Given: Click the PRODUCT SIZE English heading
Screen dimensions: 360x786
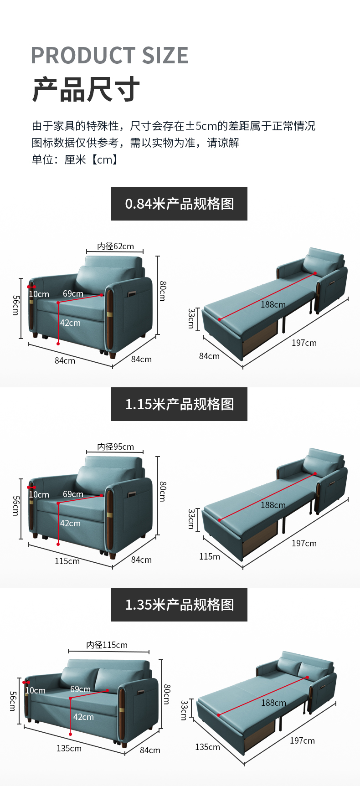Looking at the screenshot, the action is [109, 56].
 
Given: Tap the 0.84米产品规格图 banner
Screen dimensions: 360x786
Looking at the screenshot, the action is [179, 204].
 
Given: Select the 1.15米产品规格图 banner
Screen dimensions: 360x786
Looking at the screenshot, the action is [179, 404].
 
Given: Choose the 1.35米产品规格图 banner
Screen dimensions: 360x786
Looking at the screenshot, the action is [179, 605].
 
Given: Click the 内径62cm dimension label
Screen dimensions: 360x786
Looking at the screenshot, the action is [115, 246].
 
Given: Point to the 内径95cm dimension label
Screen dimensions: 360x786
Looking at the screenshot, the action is [115, 447].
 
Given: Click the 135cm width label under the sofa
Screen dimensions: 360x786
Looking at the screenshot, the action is [69, 748].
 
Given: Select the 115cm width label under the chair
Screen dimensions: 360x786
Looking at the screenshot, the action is [67, 561].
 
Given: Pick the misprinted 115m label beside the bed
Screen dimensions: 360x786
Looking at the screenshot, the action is [209, 556].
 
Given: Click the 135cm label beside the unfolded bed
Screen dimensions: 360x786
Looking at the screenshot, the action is [207, 747].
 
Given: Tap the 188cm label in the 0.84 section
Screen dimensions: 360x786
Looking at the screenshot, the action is [273, 304].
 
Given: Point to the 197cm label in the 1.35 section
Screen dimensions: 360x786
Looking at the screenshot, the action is [302, 740].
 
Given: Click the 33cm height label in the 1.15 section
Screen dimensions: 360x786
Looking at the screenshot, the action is [191, 519].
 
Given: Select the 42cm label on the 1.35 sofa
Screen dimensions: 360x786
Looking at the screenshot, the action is [83, 717].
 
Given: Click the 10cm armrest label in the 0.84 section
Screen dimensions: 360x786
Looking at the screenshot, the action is [39, 294].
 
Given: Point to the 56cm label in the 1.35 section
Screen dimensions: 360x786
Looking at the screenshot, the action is [13, 701].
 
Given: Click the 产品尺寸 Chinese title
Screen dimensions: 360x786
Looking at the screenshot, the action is [86, 89].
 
